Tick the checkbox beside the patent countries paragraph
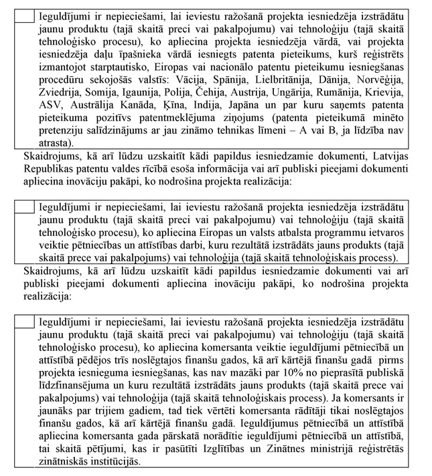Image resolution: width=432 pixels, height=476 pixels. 23,14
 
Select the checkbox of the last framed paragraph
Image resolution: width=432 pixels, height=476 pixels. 23,321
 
